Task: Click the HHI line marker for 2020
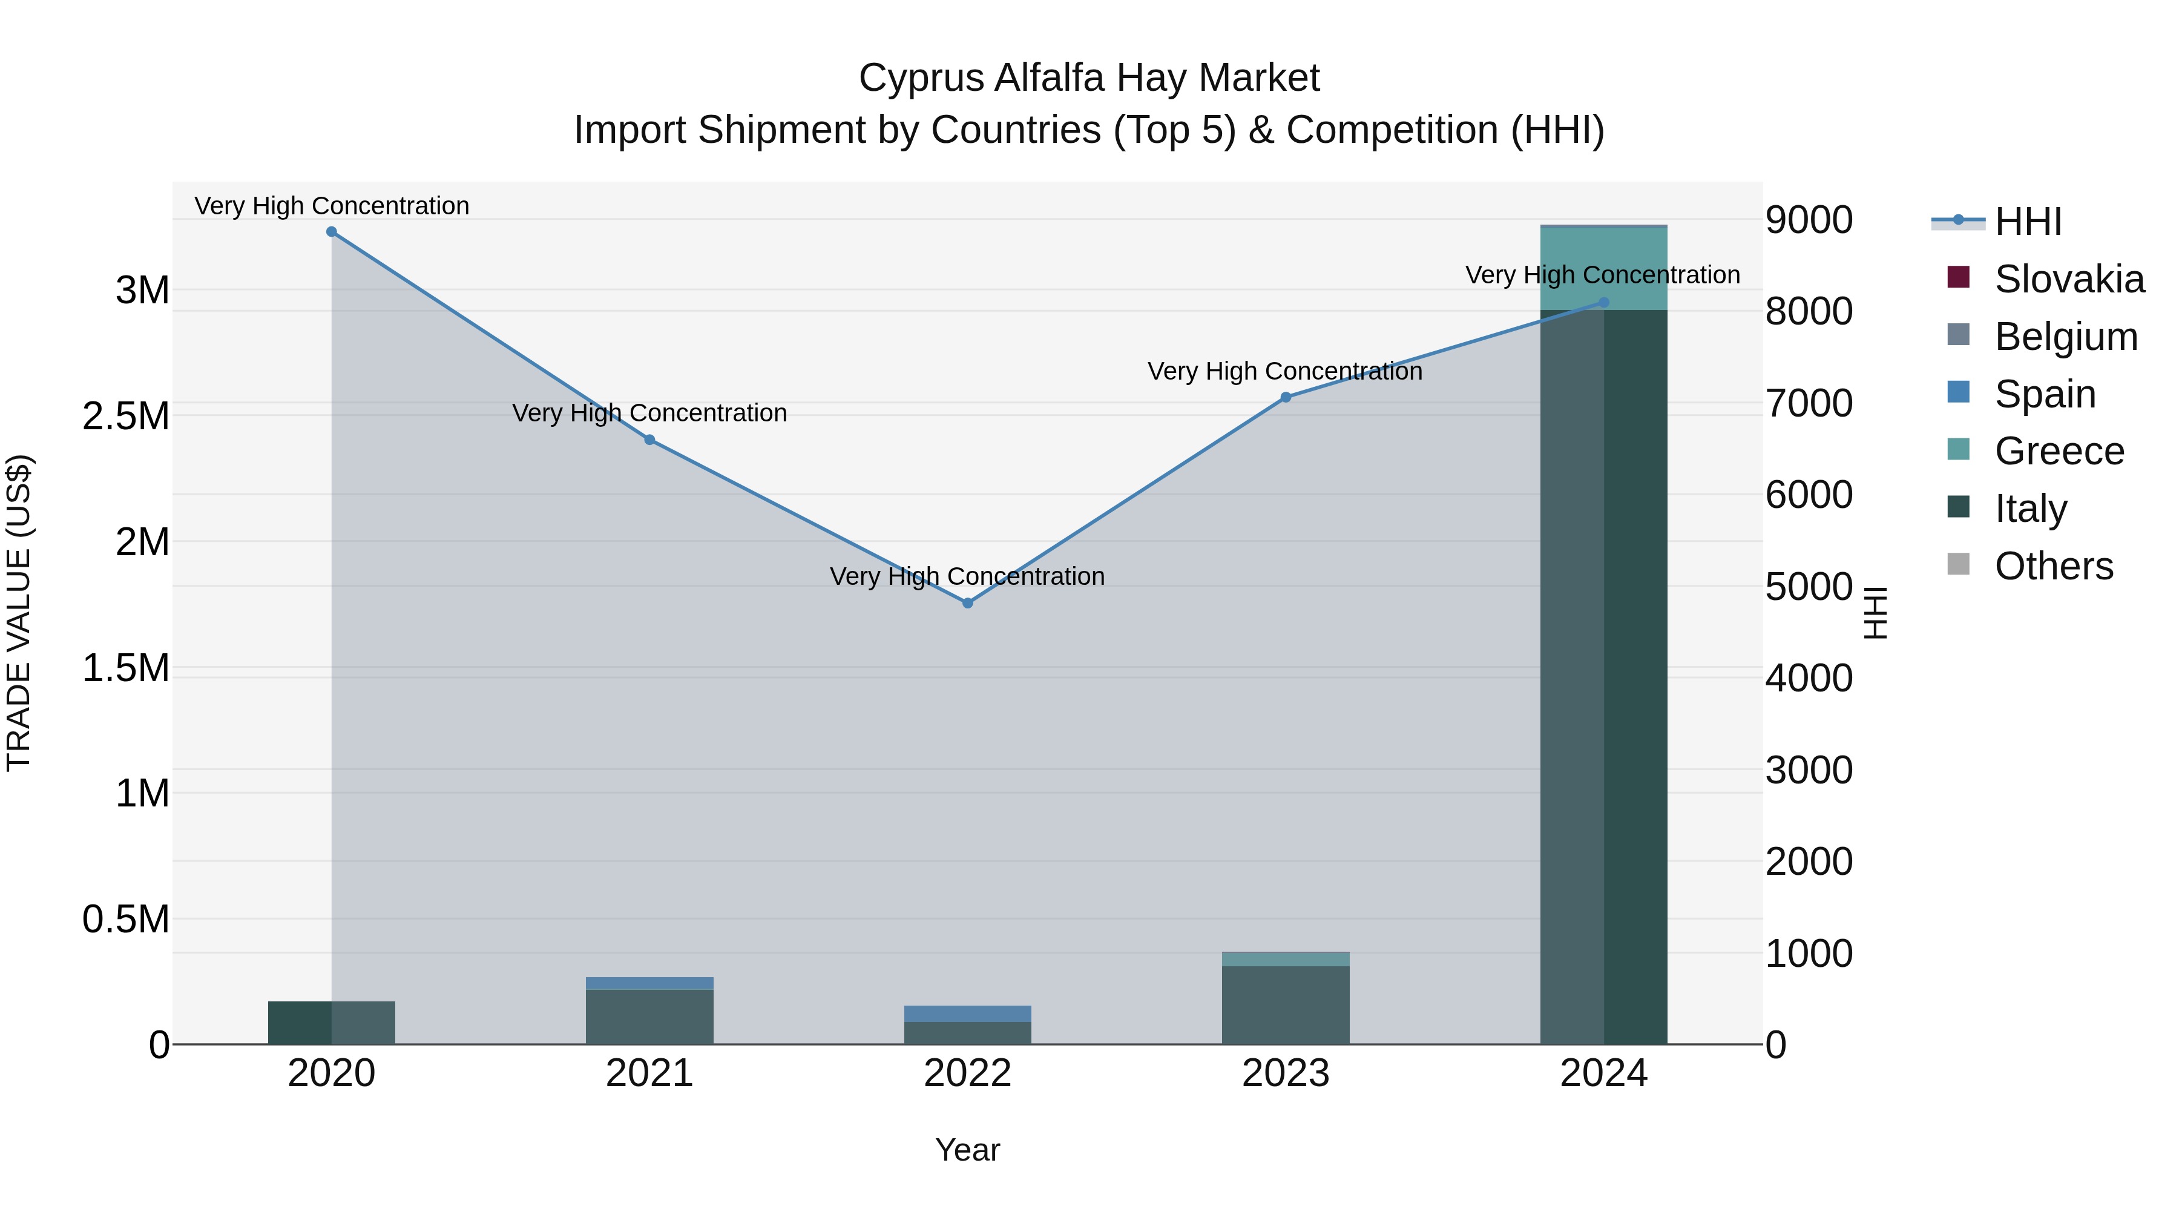332,232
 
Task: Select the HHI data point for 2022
968,603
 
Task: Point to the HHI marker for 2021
649,440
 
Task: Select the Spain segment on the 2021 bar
649,983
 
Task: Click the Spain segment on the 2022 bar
968,1013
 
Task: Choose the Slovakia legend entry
2068,279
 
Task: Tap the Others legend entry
2053,566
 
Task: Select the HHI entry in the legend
2028,222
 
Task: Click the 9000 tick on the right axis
1809,220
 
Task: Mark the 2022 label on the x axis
968,1073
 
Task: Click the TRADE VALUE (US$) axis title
19,613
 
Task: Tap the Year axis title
968,1150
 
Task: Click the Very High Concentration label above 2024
1602,275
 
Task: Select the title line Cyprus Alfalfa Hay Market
1089,78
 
